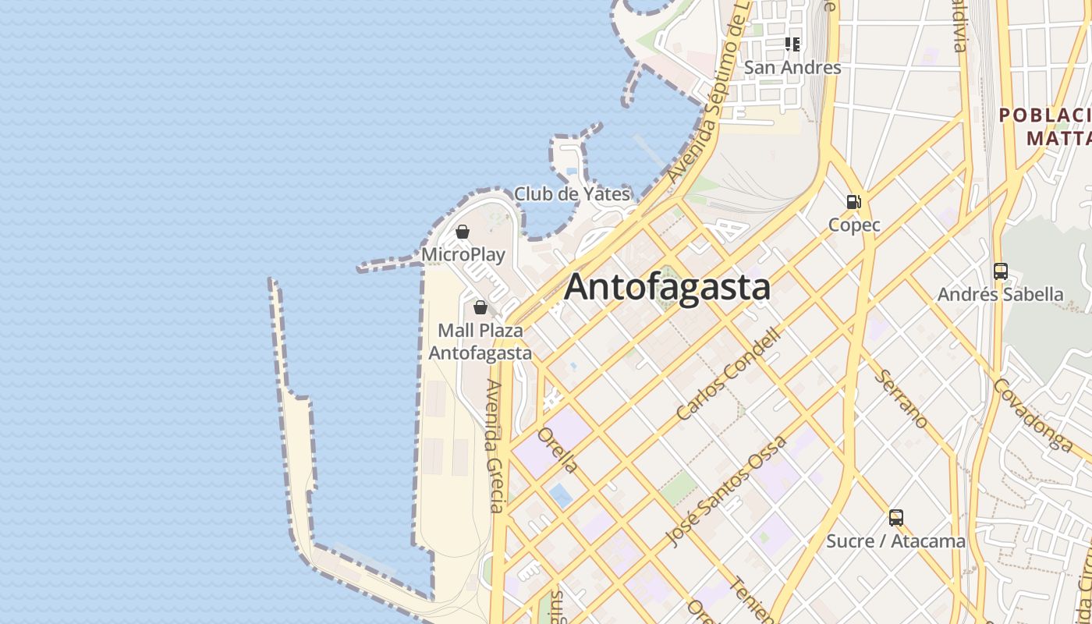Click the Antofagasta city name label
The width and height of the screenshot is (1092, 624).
[x=667, y=286]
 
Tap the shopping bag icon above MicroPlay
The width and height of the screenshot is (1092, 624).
[x=463, y=232]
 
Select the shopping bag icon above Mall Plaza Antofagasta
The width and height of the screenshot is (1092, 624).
[x=480, y=307]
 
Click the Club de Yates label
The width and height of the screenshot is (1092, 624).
[x=572, y=194]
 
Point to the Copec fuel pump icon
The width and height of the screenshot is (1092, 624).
[x=854, y=202]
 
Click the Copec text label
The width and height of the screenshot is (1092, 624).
[x=854, y=225]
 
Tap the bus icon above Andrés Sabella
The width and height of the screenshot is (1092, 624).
[x=1001, y=271]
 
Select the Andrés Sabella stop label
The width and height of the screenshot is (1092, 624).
[x=1001, y=295]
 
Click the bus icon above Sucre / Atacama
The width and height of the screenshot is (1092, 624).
[x=896, y=517]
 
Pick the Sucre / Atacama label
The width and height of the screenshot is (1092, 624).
[x=896, y=541]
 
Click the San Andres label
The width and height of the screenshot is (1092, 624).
[x=792, y=68]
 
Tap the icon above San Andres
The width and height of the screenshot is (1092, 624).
[x=792, y=44]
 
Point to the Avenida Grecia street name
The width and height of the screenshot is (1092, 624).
[x=496, y=445]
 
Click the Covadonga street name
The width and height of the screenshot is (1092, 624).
[x=1034, y=415]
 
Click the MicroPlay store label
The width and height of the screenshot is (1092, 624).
[x=463, y=254]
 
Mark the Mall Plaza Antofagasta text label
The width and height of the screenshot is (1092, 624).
[x=480, y=342]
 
